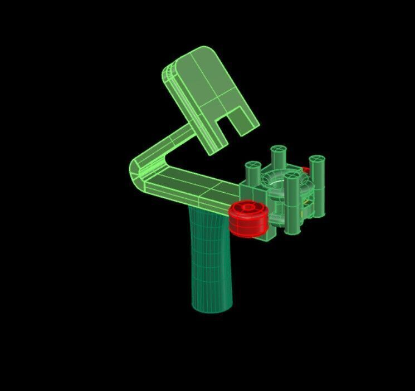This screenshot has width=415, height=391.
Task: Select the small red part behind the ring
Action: click(306, 170)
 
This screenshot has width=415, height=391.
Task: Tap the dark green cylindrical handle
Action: click(211, 256)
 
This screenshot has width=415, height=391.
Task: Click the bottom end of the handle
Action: click(212, 306)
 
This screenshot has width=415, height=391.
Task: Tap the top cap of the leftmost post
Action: click(253, 165)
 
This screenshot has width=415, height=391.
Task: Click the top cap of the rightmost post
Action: click(318, 160)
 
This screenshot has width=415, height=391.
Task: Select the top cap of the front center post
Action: click(291, 176)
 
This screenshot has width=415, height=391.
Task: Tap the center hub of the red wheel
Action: click(247, 208)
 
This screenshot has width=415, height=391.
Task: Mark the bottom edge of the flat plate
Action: click(212, 148)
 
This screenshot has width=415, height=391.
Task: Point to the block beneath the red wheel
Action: click(266, 233)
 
